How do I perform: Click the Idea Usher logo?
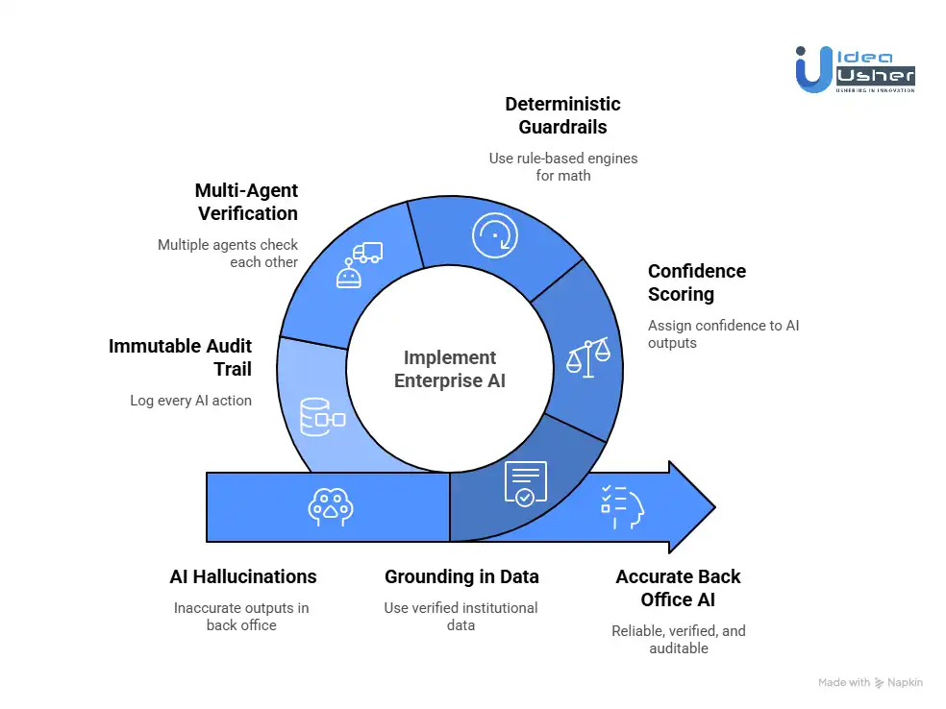855,68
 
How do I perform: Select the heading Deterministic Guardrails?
562,115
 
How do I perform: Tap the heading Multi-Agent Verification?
246,202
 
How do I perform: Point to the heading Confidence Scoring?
696,282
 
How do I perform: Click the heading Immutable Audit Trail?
180,357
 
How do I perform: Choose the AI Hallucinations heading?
242,576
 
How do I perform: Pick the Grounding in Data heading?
461,576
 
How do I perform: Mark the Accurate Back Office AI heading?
678,588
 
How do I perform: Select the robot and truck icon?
358,265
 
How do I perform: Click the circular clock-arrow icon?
494,234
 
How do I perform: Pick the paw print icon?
330,507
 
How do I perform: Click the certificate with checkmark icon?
525,484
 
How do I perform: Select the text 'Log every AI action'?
190,401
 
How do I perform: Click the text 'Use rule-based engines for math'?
562,166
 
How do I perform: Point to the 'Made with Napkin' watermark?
870,682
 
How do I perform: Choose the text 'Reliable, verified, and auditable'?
678,640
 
